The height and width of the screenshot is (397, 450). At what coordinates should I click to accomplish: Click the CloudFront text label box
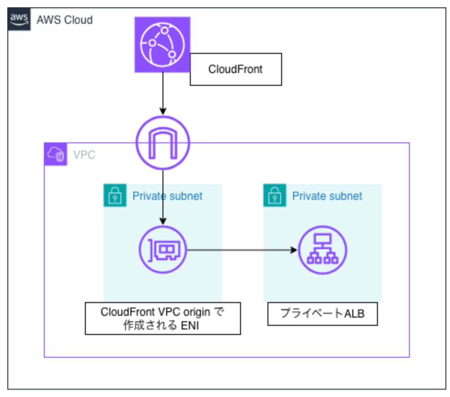click(235, 69)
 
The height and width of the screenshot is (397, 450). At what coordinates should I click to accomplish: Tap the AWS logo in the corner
click(19, 20)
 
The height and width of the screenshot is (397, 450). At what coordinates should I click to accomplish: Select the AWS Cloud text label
click(64, 20)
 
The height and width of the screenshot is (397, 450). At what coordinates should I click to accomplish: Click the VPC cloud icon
click(56, 154)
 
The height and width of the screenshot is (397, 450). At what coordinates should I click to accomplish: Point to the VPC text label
click(84, 155)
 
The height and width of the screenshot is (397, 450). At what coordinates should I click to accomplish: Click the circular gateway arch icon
click(163, 142)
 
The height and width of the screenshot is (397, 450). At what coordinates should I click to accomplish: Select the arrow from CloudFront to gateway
click(163, 93)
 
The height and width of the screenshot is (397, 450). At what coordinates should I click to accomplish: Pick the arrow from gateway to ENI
click(163, 196)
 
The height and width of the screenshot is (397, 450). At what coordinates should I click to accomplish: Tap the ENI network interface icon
click(163, 250)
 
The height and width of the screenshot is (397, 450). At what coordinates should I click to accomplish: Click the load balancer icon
click(323, 250)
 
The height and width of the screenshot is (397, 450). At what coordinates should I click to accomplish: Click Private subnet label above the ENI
click(167, 196)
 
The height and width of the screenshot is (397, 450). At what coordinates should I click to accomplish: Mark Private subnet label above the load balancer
click(327, 196)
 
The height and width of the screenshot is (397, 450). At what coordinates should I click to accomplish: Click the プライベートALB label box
click(322, 313)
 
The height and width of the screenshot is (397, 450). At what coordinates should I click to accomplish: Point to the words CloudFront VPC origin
click(156, 313)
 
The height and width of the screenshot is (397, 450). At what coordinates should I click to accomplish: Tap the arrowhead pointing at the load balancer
click(294, 250)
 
